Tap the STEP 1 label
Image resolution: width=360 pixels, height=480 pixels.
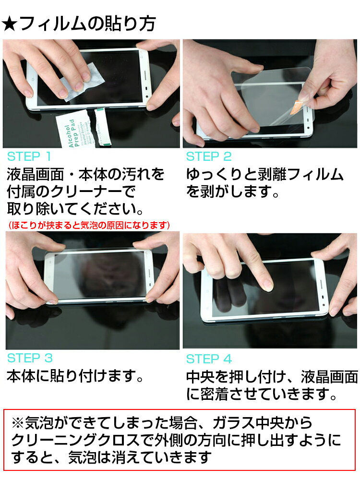click(x=29, y=157)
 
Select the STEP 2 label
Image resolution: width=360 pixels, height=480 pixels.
click(x=209, y=157)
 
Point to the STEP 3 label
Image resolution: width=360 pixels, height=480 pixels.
click(x=30, y=358)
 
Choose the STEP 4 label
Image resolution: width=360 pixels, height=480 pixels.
click(x=209, y=359)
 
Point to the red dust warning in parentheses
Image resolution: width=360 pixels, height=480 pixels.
click(x=89, y=226)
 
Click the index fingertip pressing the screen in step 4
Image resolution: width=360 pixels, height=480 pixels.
click(x=267, y=286)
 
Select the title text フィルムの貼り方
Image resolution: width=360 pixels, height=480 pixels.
click(x=87, y=24)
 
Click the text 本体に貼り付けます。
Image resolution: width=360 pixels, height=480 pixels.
click(x=75, y=376)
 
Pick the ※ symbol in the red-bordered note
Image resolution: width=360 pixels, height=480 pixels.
click(x=18, y=423)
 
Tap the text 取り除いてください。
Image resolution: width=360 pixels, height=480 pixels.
click(x=75, y=209)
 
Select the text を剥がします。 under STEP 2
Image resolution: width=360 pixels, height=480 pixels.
click(x=233, y=192)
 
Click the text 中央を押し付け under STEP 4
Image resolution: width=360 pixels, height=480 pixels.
click(x=236, y=377)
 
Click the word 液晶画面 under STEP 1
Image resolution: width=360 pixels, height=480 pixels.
click(x=35, y=174)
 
